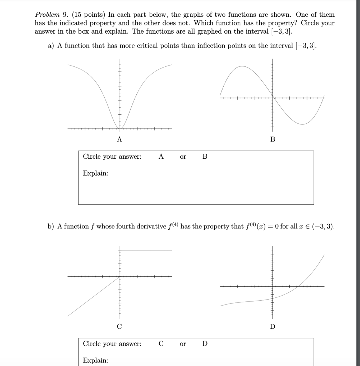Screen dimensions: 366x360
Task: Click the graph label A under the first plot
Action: tap(119, 139)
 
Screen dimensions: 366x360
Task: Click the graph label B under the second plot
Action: tap(272, 139)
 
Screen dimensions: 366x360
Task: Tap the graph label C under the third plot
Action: tap(119, 326)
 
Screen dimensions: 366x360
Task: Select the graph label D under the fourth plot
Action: tap(273, 326)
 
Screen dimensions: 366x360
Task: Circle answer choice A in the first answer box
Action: tap(161, 157)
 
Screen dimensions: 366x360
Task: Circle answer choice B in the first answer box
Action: tap(205, 157)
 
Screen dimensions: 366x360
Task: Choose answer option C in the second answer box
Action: tap(161, 344)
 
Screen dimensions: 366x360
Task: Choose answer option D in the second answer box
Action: tap(205, 344)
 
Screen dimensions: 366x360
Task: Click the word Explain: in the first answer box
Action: tap(95, 173)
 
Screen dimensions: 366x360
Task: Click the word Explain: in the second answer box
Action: tap(95, 360)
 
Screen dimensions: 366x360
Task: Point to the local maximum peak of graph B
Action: tap(242, 66)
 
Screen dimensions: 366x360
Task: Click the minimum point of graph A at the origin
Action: tap(120, 129)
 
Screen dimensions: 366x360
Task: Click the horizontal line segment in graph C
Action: tap(146, 250)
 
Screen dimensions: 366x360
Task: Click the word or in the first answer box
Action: tap(183, 157)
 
